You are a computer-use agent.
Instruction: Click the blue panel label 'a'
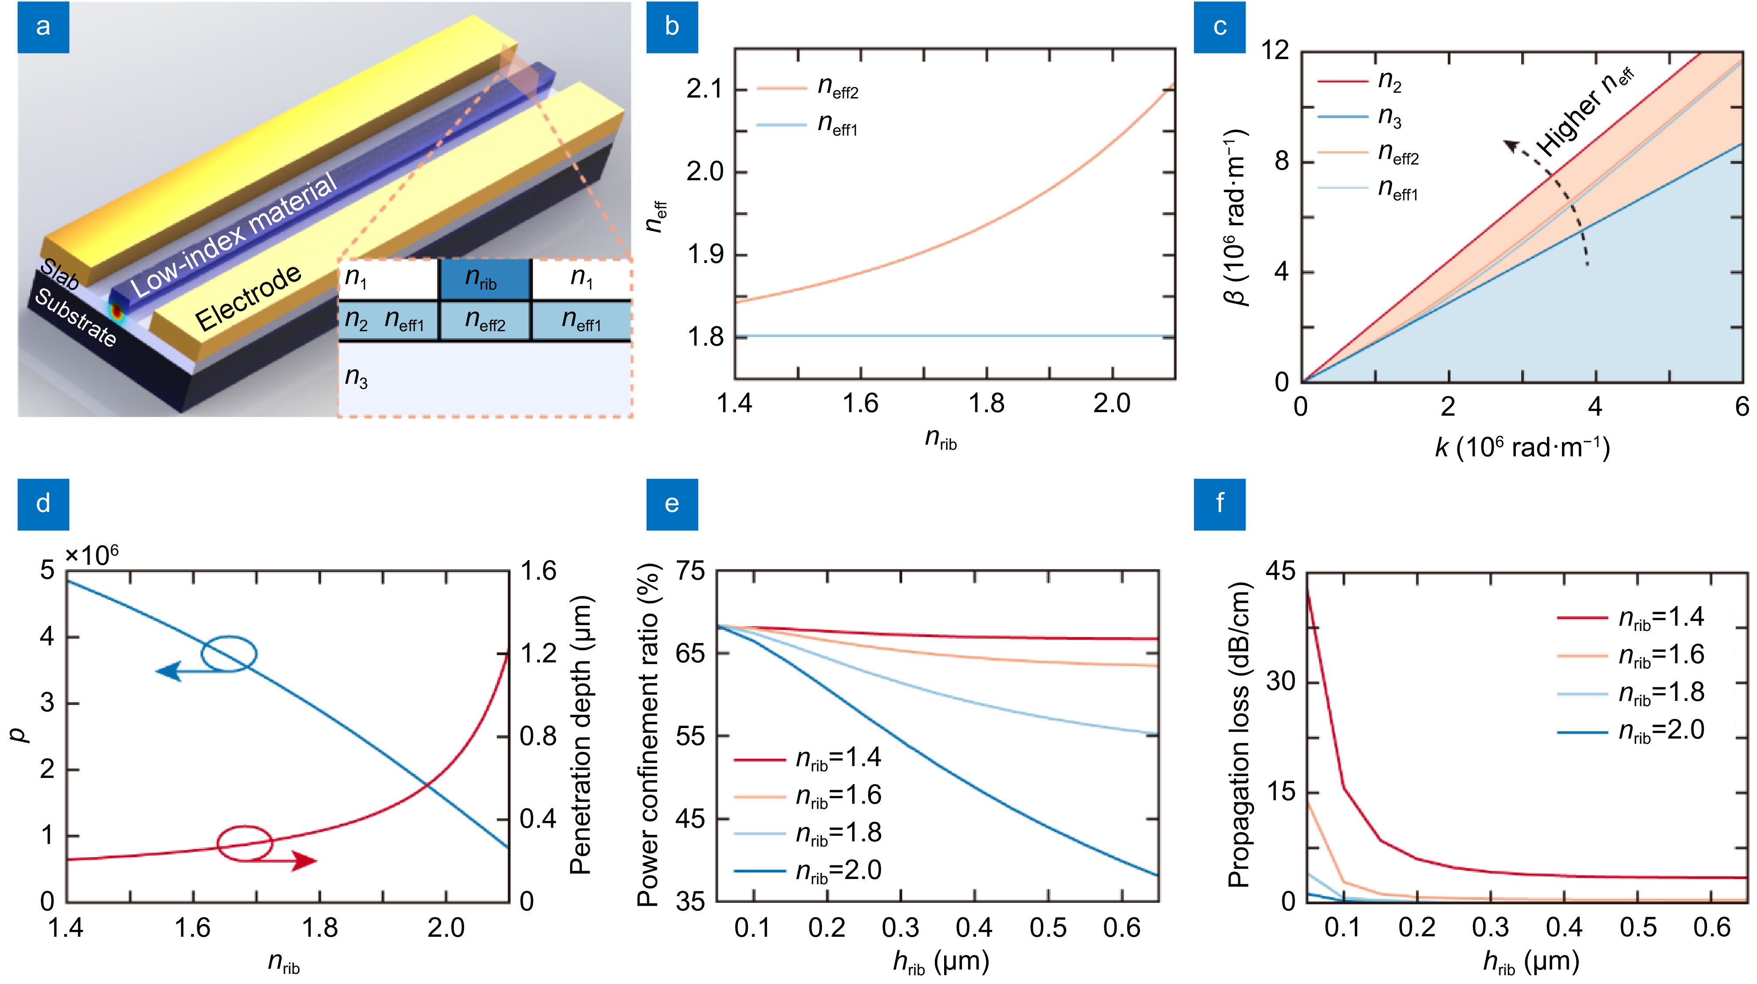click(x=43, y=27)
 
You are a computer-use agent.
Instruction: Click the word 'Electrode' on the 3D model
click(x=248, y=298)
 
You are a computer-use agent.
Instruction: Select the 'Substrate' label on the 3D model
click(x=75, y=318)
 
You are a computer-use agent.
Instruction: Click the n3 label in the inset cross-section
click(x=356, y=377)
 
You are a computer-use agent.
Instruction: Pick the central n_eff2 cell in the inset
click(x=485, y=321)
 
